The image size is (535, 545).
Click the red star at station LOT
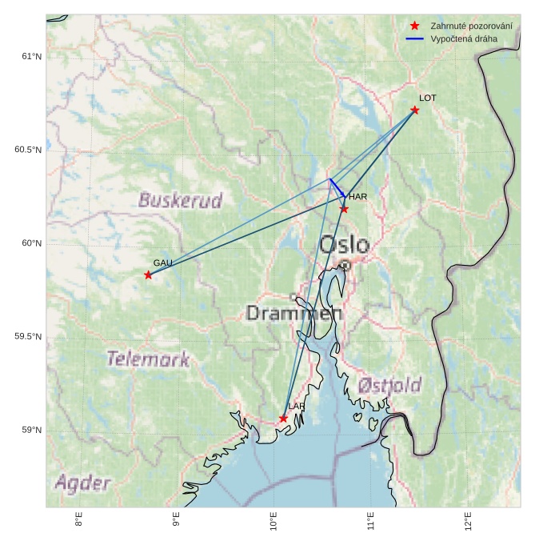[414, 110]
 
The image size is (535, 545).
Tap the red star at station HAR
[344, 209]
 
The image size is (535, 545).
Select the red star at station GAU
[148, 275]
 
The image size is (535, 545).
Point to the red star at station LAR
[283, 419]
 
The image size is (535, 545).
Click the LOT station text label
[428, 98]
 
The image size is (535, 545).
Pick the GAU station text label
[163, 262]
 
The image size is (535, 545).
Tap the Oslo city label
[345, 245]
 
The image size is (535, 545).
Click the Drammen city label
[294, 313]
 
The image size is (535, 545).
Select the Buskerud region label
[180, 199]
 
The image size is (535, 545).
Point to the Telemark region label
[149, 359]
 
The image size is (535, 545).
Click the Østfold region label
[389, 385]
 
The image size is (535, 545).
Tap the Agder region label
[82, 483]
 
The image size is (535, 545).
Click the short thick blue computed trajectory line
[337, 187]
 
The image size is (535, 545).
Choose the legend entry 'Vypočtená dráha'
[463, 38]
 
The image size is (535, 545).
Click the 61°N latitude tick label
[31, 56]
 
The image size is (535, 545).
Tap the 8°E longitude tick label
[78, 524]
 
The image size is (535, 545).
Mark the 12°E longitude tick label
[469, 524]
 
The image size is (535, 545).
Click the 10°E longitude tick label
[273, 524]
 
